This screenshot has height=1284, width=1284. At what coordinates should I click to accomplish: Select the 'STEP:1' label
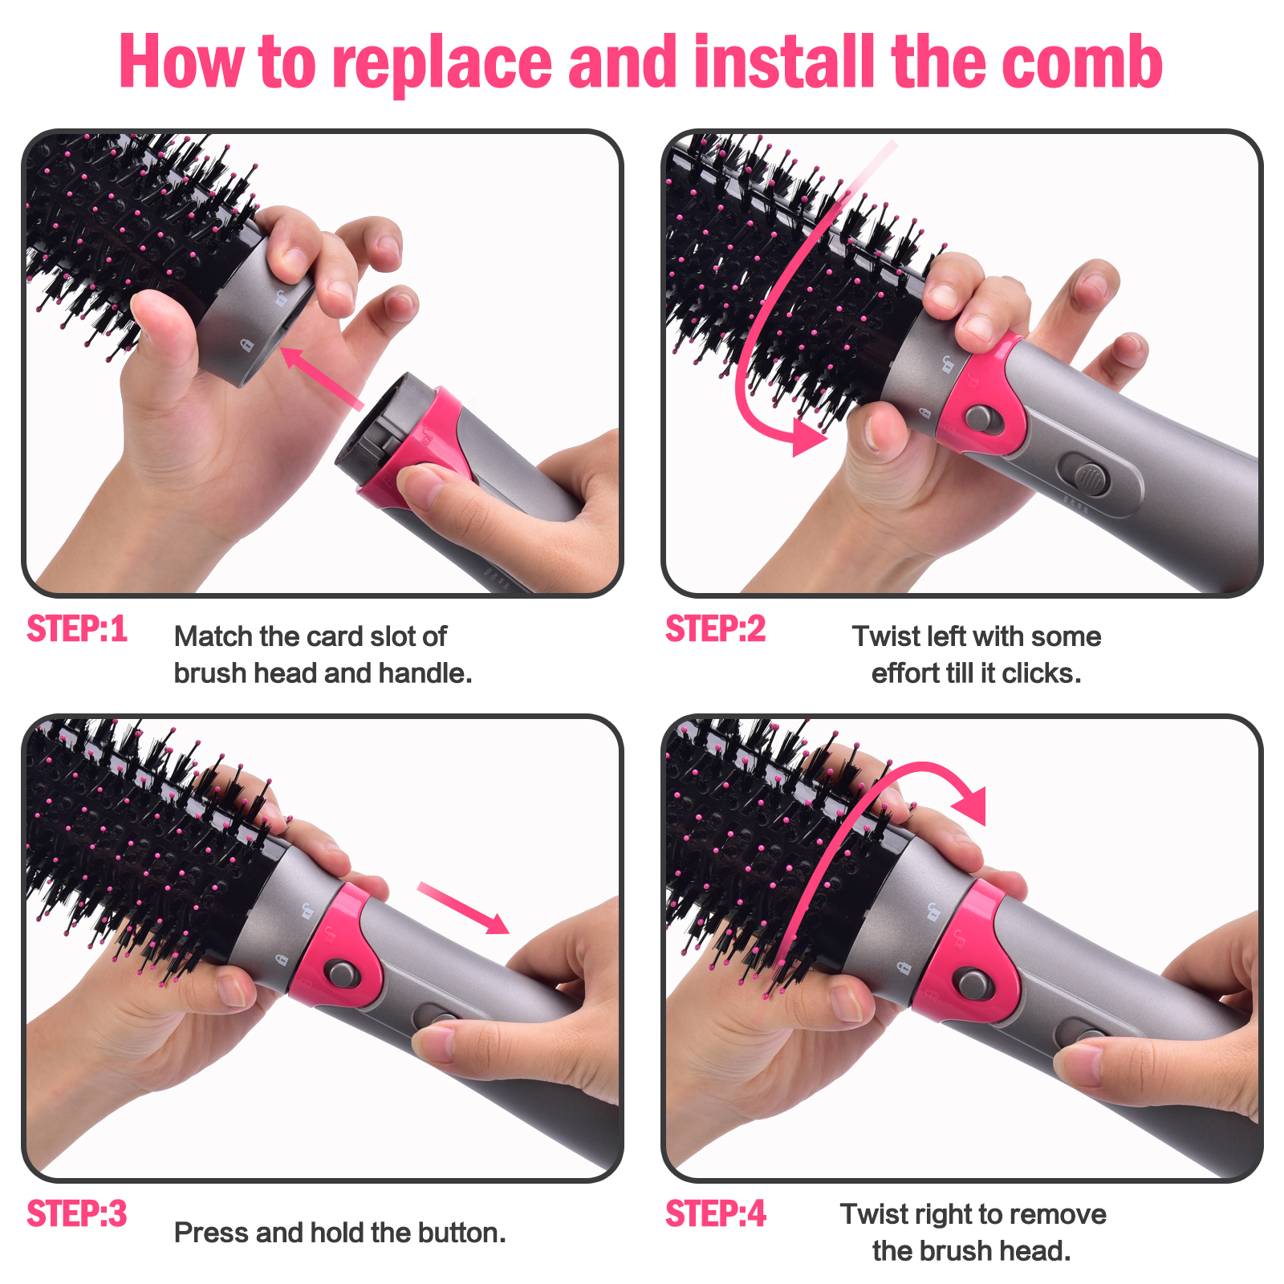click(x=77, y=629)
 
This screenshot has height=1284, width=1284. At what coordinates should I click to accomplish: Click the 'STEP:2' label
click(x=716, y=629)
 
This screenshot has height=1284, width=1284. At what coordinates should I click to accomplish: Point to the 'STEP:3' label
click(x=77, y=1214)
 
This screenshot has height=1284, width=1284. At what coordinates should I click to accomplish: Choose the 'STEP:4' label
click(x=716, y=1214)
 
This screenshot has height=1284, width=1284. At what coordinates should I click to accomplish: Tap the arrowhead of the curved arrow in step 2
click(x=807, y=436)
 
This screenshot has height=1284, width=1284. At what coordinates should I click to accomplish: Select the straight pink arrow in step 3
click(x=464, y=908)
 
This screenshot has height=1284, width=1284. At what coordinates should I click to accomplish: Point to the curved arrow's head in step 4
click(x=969, y=804)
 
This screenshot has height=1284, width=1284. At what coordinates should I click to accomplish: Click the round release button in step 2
click(x=979, y=418)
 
